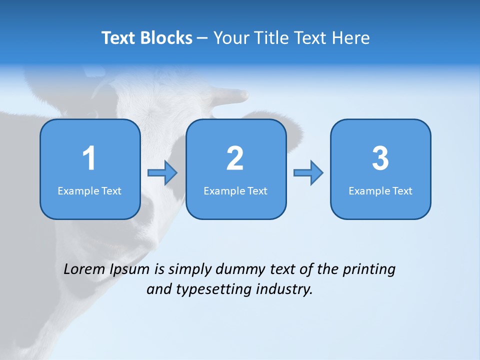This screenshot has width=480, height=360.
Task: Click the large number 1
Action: [x=89, y=158]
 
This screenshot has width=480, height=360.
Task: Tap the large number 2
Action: [x=235, y=158]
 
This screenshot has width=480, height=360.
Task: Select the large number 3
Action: [x=380, y=158]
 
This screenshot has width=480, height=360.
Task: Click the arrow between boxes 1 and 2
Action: [x=162, y=173]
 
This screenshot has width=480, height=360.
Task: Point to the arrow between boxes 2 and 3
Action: [x=308, y=173]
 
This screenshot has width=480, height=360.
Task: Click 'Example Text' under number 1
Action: [x=89, y=191]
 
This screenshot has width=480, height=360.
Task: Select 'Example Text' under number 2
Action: [x=235, y=191]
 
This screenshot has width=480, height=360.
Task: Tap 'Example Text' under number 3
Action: [x=380, y=191]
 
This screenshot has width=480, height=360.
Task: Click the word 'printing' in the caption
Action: [x=368, y=270]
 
